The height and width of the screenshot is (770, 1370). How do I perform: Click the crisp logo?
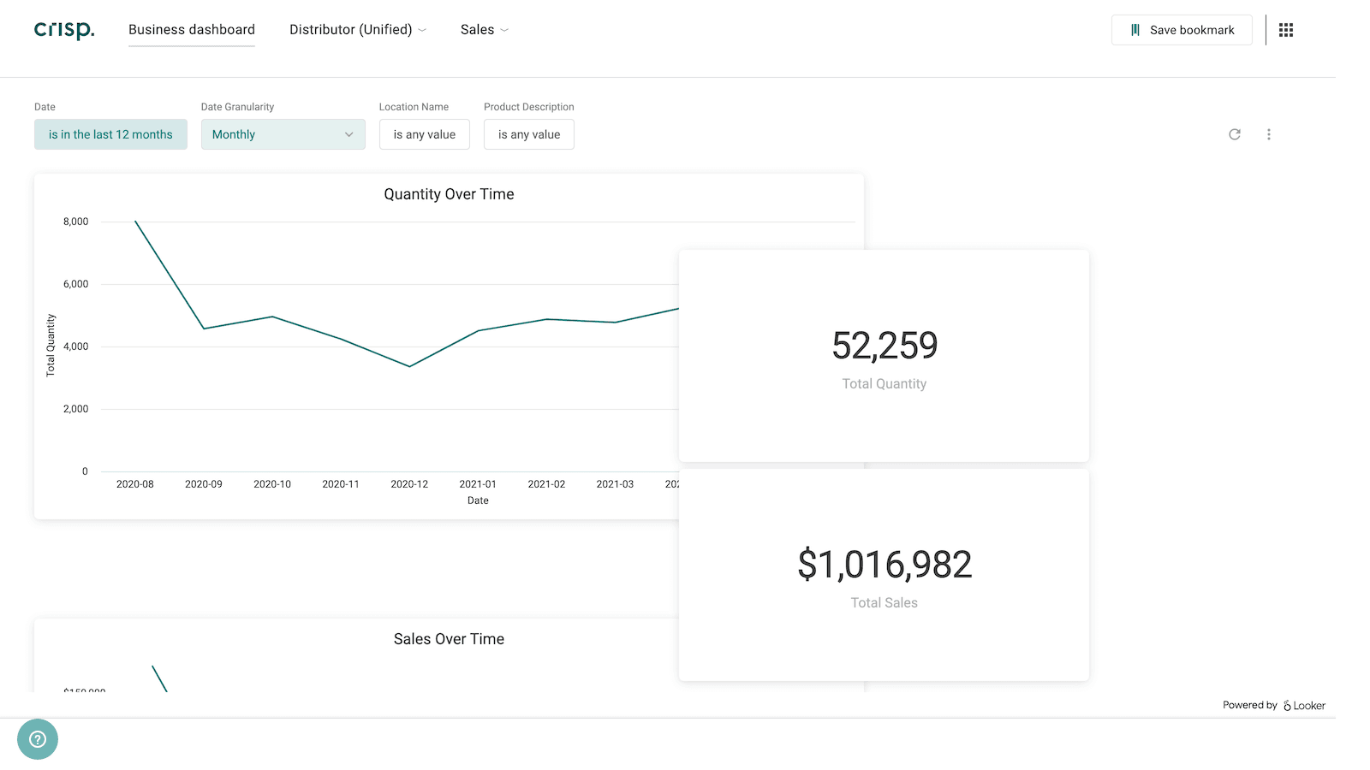pyautogui.click(x=64, y=30)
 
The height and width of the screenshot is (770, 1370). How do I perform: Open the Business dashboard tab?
pyautogui.click(x=192, y=30)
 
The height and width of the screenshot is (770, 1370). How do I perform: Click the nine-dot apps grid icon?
pyautogui.click(x=1285, y=30)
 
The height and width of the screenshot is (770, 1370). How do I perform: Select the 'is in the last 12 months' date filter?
pyautogui.click(x=110, y=134)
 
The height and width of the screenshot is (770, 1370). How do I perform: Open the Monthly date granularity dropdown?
pyautogui.click(x=283, y=134)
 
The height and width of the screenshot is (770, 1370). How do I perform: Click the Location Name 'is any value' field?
pyautogui.click(x=424, y=134)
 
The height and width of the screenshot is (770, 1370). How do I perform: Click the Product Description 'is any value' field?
pyautogui.click(x=528, y=134)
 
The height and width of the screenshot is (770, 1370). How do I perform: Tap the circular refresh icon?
pyautogui.click(x=1234, y=134)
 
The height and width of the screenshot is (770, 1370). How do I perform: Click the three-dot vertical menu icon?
pyautogui.click(x=1268, y=134)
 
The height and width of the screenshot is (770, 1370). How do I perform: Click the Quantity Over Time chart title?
pyautogui.click(x=449, y=194)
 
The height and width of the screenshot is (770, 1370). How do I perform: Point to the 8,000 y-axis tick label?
pyautogui.click(x=75, y=222)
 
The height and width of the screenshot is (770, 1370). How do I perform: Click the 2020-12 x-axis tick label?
pyautogui.click(x=409, y=484)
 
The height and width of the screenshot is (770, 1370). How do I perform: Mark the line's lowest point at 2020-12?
pyautogui.click(x=409, y=367)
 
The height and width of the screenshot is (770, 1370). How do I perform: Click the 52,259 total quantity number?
pyautogui.click(x=884, y=346)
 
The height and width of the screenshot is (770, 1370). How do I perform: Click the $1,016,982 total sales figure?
pyautogui.click(x=884, y=565)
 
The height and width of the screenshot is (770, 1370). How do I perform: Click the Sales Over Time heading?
pyautogui.click(x=449, y=639)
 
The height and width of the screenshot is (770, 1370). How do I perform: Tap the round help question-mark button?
pyautogui.click(x=38, y=739)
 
